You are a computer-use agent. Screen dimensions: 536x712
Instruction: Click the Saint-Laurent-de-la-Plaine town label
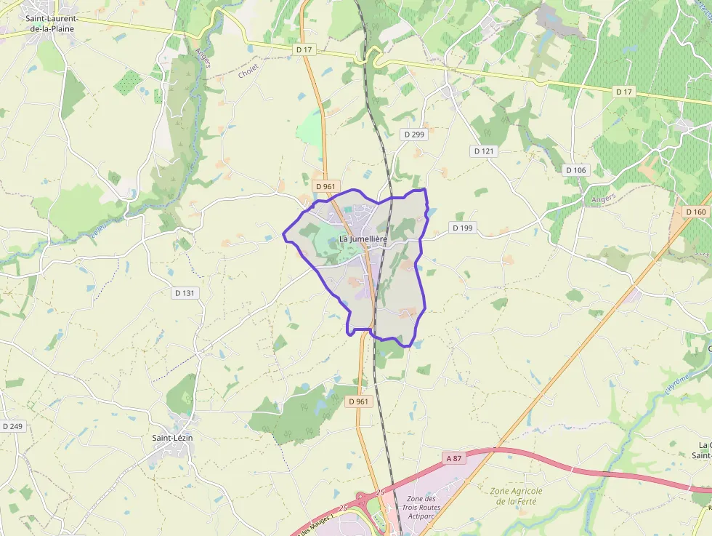(50, 24)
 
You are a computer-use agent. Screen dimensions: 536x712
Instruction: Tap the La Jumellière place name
(363, 239)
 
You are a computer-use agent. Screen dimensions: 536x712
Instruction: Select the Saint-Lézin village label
(172, 438)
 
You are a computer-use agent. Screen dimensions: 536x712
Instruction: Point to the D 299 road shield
(414, 135)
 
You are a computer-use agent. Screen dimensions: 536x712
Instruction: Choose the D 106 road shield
(575, 170)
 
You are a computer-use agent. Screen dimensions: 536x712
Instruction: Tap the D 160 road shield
(695, 212)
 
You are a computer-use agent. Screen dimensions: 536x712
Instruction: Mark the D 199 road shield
(462, 228)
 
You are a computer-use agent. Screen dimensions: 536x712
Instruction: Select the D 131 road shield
(185, 293)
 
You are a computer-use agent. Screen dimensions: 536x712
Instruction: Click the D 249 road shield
(12, 426)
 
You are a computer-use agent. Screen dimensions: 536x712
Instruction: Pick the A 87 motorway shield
(453, 458)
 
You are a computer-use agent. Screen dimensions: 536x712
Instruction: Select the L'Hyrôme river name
(675, 382)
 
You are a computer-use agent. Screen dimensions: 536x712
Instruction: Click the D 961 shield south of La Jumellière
(358, 401)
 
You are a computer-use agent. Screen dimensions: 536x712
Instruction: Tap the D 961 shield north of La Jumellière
(325, 187)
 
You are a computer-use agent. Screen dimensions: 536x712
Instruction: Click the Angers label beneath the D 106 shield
(603, 198)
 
